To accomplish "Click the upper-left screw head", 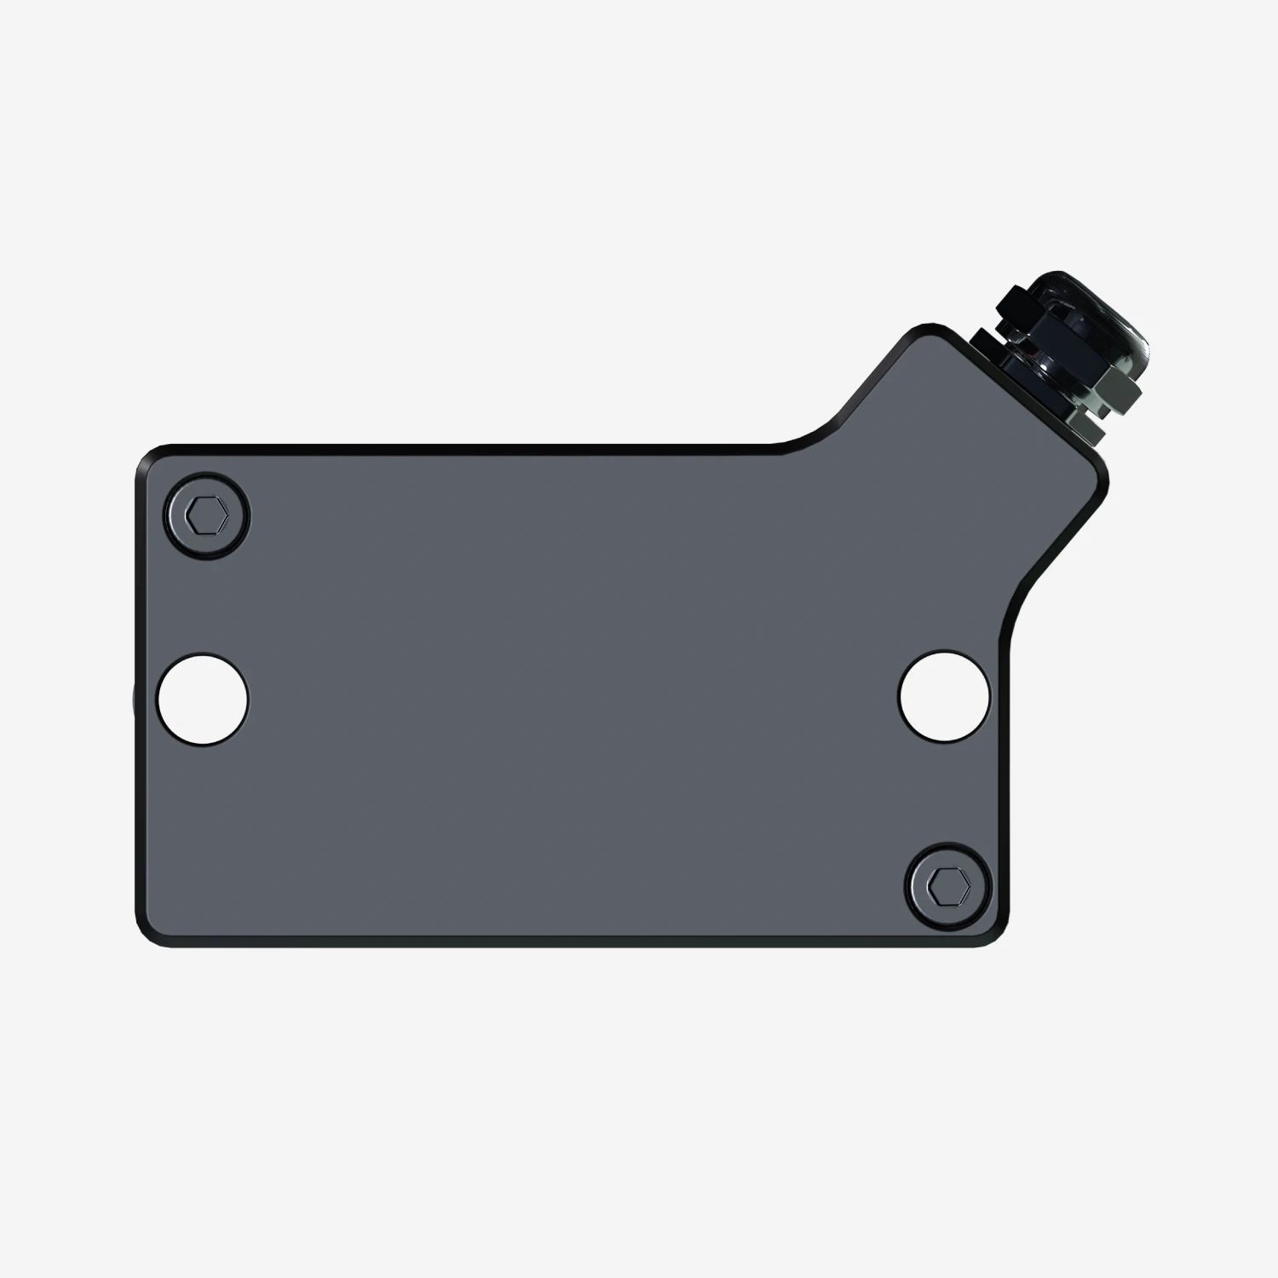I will pos(208,515).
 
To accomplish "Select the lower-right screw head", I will pos(949,887).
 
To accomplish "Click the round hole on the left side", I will pos(203,699).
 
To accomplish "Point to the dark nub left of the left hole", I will pos(133,699).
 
